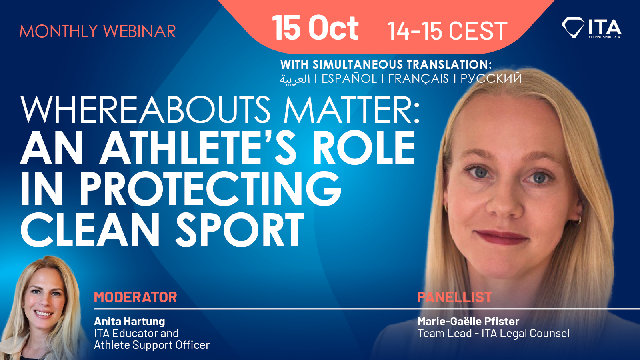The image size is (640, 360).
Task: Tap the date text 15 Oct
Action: coord(315,28)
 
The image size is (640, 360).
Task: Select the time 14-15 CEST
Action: coord(447,30)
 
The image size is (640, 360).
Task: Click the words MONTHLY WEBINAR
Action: coord(98,31)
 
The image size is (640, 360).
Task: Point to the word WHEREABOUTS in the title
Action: coord(146,110)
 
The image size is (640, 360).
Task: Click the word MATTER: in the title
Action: coord(352,110)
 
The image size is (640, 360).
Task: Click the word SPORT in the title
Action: coord(240,230)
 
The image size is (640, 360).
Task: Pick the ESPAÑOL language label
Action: coord(349,78)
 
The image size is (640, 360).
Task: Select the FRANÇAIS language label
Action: coord(418,79)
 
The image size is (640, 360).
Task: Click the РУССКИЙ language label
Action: coord(491,78)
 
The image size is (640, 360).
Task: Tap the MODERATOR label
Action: coord(136,297)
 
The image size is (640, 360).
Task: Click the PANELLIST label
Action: coord(454,297)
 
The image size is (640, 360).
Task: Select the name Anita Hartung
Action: coord(130,322)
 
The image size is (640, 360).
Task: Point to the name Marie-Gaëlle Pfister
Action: coord(468,322)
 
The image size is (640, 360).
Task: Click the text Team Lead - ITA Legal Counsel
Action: coord(494,334)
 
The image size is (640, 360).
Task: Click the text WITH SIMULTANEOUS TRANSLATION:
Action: coord(386,64)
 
